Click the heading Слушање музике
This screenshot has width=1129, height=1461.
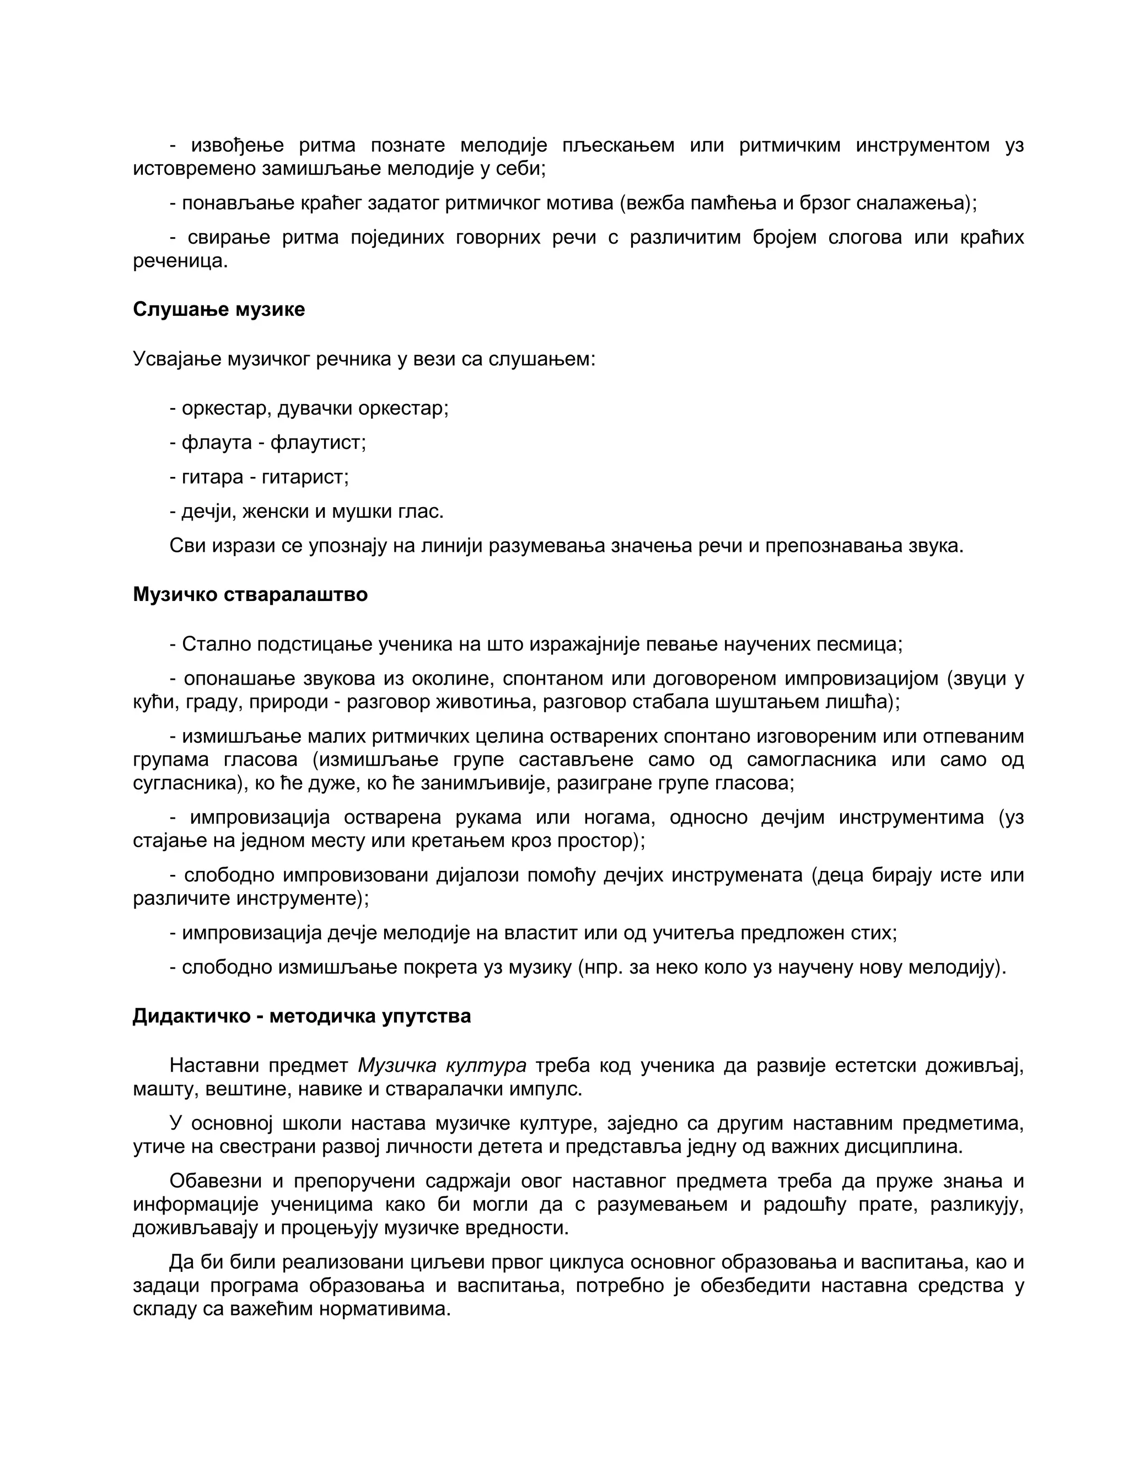(219, 309)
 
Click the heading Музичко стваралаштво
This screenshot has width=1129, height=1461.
(250, 594)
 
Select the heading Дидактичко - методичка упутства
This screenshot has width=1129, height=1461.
(302, 1016)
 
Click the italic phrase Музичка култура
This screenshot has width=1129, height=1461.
(442, 1065)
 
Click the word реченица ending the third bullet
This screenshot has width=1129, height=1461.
(180, 261)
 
